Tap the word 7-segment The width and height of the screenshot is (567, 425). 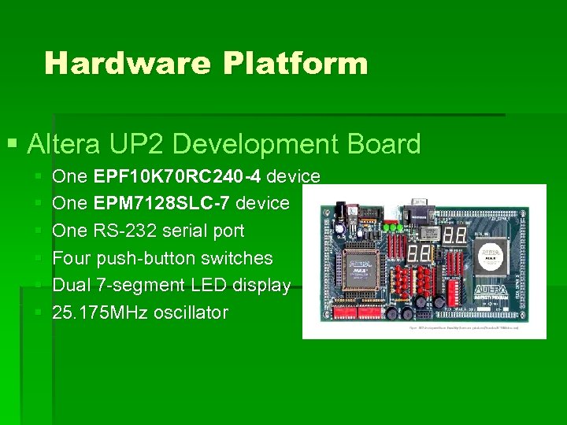point(142,286)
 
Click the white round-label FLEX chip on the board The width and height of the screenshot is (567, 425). point(491,256)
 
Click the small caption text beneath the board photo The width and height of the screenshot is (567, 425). point(463,327)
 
